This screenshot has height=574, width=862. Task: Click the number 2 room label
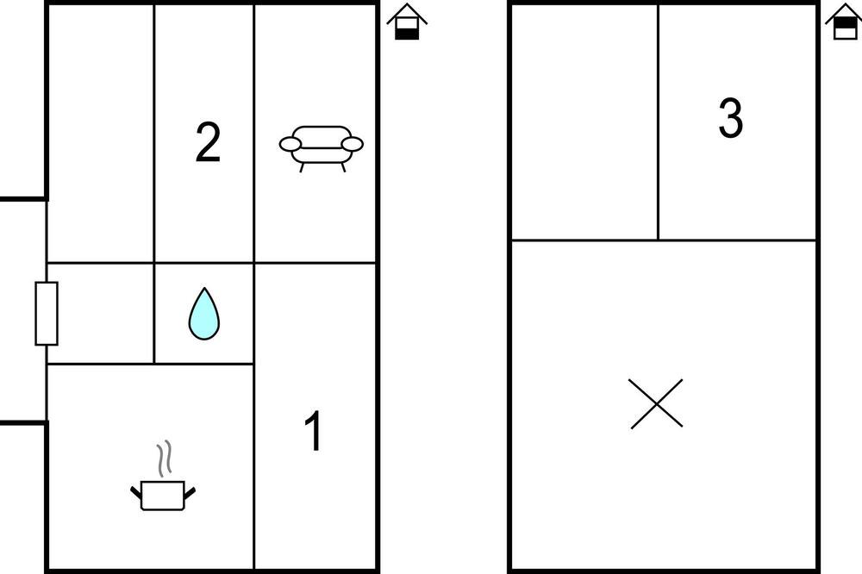[x=208, y=142]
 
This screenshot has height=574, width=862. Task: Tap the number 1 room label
[x=314, y=431]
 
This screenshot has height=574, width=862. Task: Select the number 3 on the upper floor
[x=731, y=118]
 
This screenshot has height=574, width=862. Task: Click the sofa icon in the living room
[x=321, y=148]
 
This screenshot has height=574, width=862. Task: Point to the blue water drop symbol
[x=204, y=315]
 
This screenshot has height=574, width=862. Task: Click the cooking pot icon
[x=163, y=495]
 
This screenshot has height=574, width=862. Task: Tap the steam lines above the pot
[x=164, y=459]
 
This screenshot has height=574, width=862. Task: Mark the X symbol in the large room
[x=656, y=403]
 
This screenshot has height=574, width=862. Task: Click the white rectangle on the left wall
[x=47, y=314]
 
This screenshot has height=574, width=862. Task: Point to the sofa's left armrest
[x=290, y=144]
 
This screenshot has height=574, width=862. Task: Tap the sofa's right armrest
[x=353, y=144]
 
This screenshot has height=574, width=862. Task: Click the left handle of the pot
[x=136, y=492]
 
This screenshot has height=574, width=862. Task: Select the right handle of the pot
[x=190, y=493]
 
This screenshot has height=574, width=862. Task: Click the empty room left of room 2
[x=101, y=134]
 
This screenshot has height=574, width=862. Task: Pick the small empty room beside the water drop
[x=101, y=314]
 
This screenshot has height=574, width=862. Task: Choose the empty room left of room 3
[x=585, y=122]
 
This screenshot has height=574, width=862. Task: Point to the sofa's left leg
[x=302, y=167]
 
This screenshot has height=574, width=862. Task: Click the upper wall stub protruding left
[x=23, y=198]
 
